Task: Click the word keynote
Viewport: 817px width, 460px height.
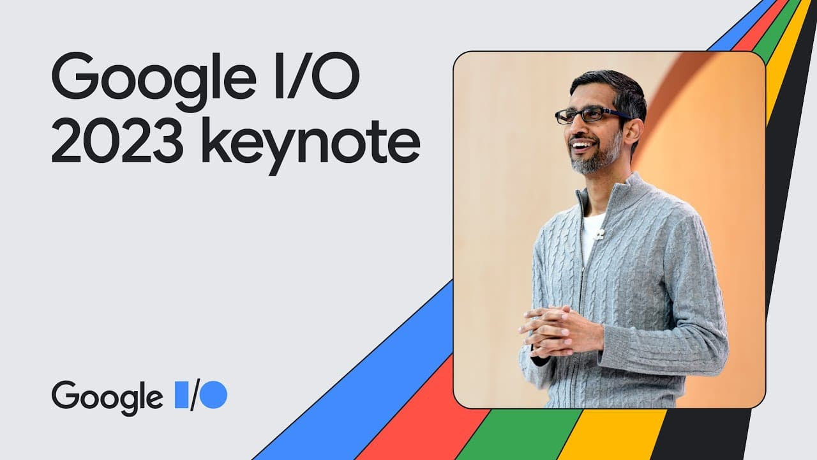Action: click(x=310, y=143)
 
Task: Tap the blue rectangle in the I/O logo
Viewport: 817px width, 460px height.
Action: click(x=182, y=394)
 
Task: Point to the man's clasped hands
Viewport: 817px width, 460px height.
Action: click(x=555, y=329)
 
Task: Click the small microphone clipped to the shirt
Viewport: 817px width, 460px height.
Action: click(x=599, y=234)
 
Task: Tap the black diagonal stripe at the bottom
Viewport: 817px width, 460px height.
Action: click(x=702, y=434)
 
